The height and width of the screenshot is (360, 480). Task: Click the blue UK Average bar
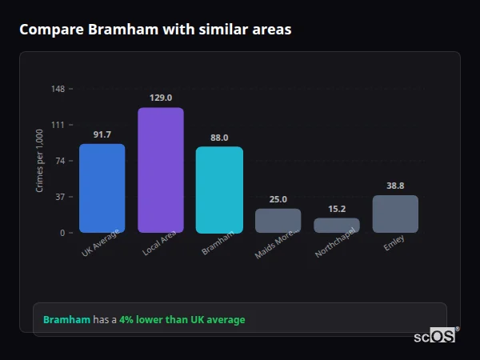coord(102,188)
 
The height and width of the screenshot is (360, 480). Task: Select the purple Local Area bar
coord(161,170)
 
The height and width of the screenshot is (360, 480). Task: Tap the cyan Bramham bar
coord(219,190)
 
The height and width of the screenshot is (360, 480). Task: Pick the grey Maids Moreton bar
coord(278,221)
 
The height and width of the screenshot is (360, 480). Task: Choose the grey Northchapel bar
coord(337,226)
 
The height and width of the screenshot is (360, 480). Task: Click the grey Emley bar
coord(395,214)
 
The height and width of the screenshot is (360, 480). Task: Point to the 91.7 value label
coord(102,134)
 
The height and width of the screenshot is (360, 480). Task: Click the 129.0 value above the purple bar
coord(161,98)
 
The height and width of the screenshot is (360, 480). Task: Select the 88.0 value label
coord(219,138)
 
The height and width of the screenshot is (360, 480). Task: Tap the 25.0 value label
coord(278,199)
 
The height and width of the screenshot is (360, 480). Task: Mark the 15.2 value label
coord(337,209)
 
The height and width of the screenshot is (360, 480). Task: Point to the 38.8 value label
coord(395,186)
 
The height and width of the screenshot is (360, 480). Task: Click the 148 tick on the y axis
coord(58,89)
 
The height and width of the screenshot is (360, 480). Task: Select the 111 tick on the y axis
coord(58,125)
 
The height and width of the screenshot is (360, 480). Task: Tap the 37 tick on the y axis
coord(60,197)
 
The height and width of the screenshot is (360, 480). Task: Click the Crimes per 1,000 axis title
coord(40,161)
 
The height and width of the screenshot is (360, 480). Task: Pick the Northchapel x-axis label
coord(335,246)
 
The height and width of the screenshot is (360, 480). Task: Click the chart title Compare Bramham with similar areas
coord(155,30)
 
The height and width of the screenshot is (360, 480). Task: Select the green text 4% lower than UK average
coord(182,320)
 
